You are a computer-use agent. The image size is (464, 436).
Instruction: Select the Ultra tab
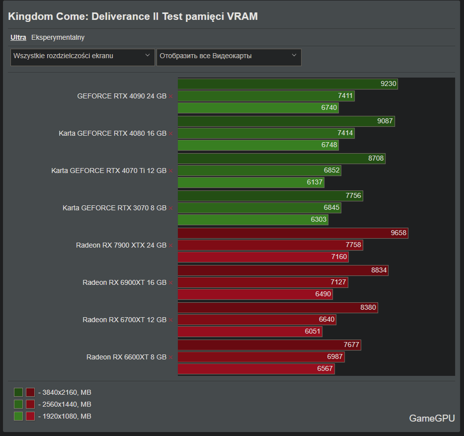click(18, 37)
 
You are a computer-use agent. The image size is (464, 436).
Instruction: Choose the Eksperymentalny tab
click(58, 37)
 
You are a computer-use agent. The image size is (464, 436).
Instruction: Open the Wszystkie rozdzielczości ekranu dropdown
click(82, 56)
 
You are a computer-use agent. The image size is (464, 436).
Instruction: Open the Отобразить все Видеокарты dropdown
click(229, 56)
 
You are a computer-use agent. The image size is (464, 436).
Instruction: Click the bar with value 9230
click(288, 84)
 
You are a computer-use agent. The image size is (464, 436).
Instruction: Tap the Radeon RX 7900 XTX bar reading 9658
click(293, 233)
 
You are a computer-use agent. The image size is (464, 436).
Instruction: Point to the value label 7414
click(345, 133)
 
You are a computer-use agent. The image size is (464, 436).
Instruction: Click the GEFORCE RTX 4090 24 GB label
click(122, 96)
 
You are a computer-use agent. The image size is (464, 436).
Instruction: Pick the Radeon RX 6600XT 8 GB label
click(126, 357)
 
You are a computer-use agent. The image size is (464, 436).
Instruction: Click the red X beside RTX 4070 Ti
click(171, 171)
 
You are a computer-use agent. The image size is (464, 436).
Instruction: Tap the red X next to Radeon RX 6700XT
click(171, 320)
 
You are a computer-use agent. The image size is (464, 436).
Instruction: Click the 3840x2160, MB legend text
click(65, 392)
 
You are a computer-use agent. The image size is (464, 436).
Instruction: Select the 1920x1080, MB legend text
click(65, 416)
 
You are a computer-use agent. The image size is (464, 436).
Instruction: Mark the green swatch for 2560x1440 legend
click(18, 404)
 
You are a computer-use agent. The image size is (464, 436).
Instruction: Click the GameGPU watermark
click(432, 418)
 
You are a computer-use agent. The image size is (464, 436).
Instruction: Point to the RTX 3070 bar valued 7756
click(270, 196)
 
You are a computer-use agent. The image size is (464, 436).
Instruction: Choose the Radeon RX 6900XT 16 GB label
click(124, 282)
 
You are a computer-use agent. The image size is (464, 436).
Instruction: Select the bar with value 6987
click(261, 357)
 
